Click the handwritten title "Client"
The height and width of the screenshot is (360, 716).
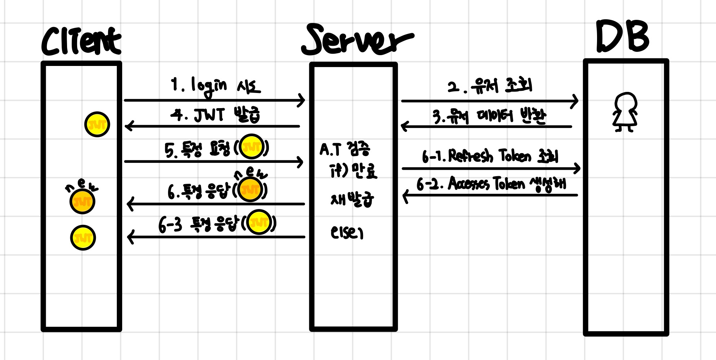point(81,41)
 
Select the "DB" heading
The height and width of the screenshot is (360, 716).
point(622,36)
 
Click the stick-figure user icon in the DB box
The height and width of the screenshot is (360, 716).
point(625,112)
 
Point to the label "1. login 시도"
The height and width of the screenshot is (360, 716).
point(215,86)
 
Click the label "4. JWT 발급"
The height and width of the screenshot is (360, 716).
point(215,115)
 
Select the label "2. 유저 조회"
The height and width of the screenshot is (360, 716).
point(490,86)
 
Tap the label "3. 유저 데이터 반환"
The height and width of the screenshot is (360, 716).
point(489,116)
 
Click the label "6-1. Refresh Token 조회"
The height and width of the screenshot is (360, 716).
point(490,156)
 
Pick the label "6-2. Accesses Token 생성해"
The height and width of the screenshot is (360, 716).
point(491,184)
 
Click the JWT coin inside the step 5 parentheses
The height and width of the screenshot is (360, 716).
point(251,147)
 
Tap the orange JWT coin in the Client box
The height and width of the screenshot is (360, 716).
point(82,202)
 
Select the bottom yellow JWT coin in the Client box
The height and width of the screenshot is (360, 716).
point(83,238)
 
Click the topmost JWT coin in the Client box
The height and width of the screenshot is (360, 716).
point(97,124)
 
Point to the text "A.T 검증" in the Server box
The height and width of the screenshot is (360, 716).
point(345,149)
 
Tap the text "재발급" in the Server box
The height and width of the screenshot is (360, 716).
point(352,199)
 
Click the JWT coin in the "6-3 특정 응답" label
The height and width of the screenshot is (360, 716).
point(259,222)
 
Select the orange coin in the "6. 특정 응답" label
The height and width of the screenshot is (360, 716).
point(251,189)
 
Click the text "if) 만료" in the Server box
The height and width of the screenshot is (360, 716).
point(353,171)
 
